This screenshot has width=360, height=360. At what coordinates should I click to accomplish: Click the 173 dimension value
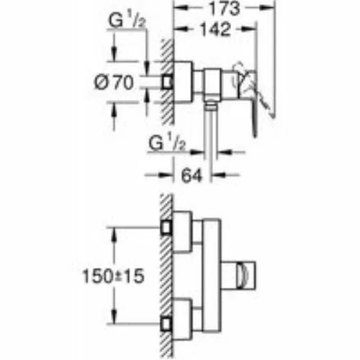(225, 9)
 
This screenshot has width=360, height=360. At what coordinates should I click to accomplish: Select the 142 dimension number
(215, 30)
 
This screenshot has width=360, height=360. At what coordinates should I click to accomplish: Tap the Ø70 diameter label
(114, 82)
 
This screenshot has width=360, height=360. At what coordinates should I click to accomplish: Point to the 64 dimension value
(192, 176)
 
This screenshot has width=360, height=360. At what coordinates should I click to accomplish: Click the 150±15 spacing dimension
(113, 276)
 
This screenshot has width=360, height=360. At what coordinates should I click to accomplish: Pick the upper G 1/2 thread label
(127, 20)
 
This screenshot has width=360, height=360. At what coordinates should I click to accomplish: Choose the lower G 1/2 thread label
(167, 143)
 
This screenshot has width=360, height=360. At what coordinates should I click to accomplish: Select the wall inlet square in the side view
(168, 83)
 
